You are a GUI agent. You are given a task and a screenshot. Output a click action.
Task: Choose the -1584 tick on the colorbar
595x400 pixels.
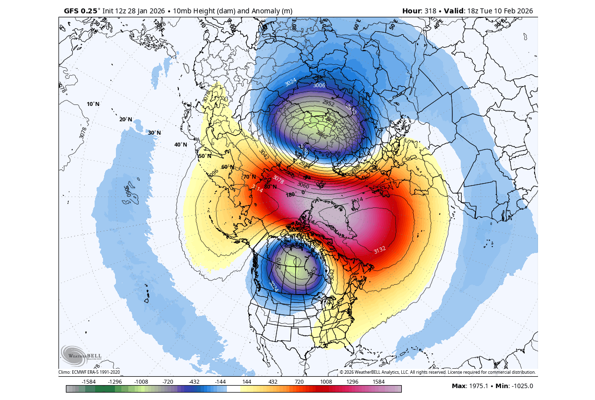(89, 382)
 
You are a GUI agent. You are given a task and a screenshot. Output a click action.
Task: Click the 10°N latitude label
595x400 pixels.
(93, 104)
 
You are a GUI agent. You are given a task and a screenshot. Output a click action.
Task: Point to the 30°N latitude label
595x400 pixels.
(154, 133)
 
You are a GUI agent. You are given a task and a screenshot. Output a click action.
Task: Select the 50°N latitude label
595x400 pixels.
(205, 156)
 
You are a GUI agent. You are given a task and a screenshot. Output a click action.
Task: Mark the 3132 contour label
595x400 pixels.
(380, 250)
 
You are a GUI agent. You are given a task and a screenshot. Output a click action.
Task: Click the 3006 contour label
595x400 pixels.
(319, 85)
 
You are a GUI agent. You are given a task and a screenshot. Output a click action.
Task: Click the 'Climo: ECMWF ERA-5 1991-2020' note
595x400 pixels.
(89, 372)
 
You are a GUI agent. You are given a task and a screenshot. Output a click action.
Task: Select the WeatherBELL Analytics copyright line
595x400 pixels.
(438, 372)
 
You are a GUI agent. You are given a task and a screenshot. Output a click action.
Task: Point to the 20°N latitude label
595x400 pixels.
(126, 119)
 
